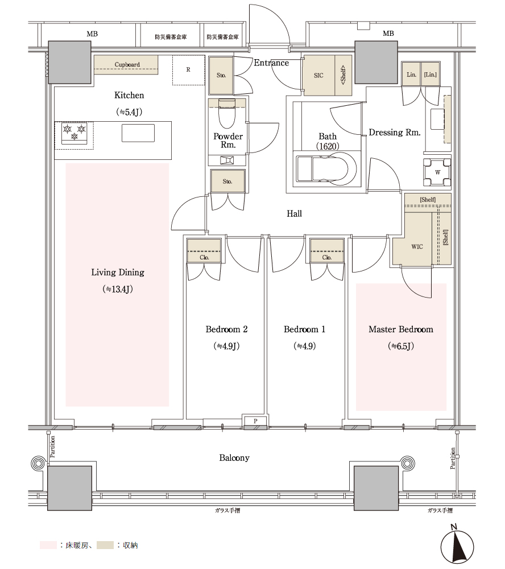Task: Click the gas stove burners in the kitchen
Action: [x=74, y=133]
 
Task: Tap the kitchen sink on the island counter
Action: [x=138, y=133]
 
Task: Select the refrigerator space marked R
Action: [x=189, y=70]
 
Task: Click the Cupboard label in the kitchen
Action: [x=127, y=65]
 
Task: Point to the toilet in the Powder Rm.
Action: [x=227, y=113]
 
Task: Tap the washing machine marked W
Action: [x=437, y=172]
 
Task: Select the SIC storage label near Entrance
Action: [x=318, y=76]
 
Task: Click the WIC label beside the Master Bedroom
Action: [x=417, y=247]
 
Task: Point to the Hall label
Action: [x=294, y=214]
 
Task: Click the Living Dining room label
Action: [x=118, y=273]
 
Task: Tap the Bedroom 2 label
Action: [x=226, y=329]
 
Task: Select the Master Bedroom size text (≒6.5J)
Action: [x=400, y=346]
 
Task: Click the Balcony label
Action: [x=234, y=458]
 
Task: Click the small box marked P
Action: [x=255, y=421]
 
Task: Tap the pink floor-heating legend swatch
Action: [x=48, y=545]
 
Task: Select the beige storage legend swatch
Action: [x=105, y=545]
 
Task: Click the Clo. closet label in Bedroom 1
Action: [x=327, y=257]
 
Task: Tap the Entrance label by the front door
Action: [x=271, y=63]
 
